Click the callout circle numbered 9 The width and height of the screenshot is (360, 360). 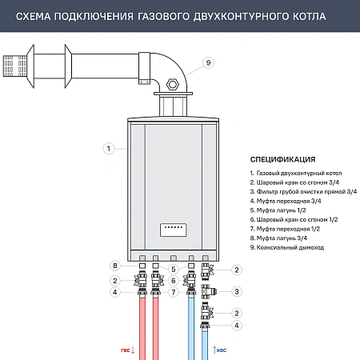208,62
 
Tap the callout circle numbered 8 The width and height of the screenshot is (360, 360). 115,266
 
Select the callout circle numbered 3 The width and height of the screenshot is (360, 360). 238,291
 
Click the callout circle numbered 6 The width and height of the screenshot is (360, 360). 173,280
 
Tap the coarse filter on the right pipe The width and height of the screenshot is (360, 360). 208,291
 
